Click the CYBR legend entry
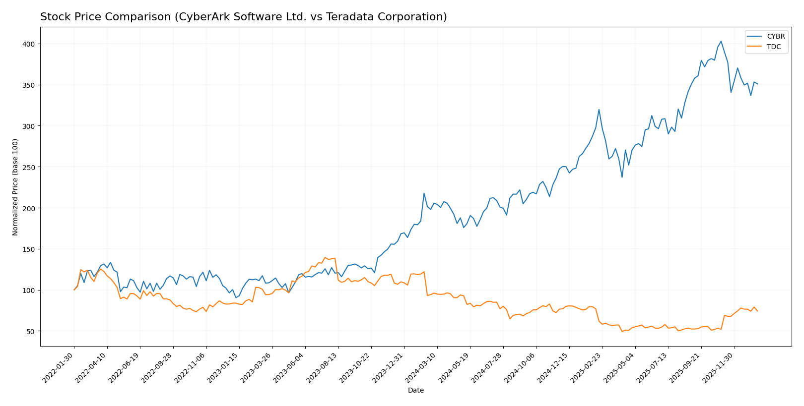776,37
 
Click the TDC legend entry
774,47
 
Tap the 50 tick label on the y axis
30,331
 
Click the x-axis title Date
415,391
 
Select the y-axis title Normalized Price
15,187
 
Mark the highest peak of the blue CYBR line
721,41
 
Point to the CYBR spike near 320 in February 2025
599,110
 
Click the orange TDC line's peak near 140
325,257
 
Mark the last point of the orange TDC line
757,311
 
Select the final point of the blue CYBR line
757,84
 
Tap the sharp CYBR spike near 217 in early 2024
424,193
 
